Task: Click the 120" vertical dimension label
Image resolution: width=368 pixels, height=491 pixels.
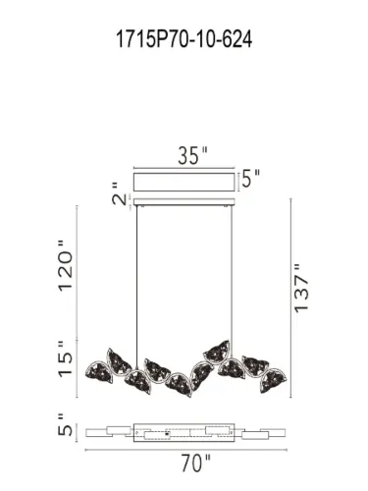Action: click(66, 268)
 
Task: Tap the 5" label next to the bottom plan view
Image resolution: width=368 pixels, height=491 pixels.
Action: click(66, 430)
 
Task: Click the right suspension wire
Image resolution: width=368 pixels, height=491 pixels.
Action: click(231, 275)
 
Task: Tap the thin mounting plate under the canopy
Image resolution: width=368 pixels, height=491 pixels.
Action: click(186, 203)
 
